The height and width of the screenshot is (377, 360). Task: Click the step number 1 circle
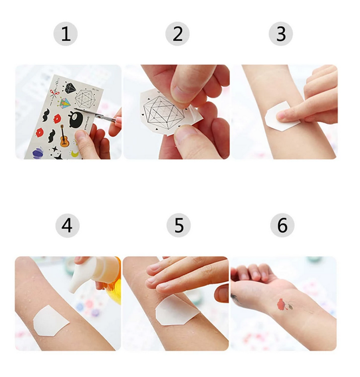(66, 34)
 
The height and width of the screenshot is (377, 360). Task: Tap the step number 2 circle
(178, 34)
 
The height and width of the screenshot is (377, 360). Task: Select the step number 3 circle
(281, 34)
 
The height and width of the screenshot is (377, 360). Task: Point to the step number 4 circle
(67, 226)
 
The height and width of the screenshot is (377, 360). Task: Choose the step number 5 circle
(179, 226)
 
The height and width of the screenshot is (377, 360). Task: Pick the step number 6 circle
(282, 226)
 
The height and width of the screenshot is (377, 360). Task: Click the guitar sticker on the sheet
(64, 136)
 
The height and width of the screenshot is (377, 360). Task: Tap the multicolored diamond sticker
(65, 103)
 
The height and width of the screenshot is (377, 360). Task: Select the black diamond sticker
(70, 88)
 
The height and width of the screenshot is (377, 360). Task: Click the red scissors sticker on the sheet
(54, 93)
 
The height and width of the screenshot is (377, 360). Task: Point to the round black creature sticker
(76, 119)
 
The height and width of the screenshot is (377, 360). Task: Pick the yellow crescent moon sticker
(75, 154)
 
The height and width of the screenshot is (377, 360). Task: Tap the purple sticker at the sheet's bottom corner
(37, 153)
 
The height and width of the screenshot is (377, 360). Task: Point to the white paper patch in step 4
(50, 321)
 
